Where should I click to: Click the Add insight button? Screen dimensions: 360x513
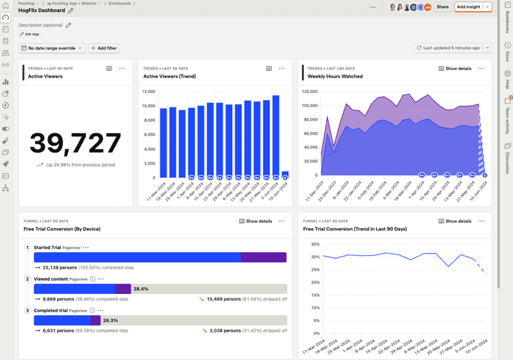(468, 7)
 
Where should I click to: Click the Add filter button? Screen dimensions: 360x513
(103, 48)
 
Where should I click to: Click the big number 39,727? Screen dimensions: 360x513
(76, 143)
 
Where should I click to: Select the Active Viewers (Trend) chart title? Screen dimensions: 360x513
(169, 76)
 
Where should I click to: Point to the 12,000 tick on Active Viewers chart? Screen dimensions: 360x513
(147, 90)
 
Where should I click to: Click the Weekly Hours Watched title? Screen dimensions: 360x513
(335, 76)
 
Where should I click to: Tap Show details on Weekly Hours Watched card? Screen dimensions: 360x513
(455, 68)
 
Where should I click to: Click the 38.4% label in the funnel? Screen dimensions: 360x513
(142, 289)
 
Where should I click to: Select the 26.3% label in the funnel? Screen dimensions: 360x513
(111, 320)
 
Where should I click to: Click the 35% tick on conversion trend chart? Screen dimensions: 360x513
(315, 244)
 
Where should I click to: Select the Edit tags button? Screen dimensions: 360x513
(29, 34)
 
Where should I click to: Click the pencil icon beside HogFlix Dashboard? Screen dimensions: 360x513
(71, 10)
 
